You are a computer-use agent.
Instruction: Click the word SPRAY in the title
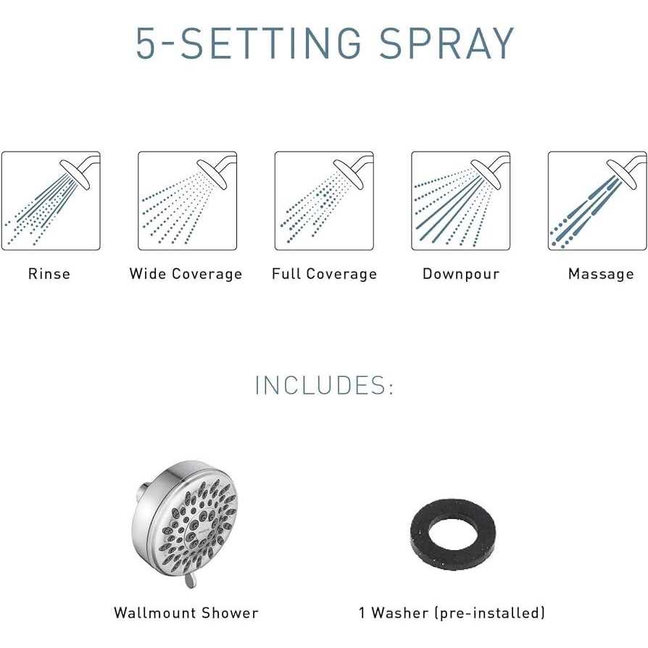click(446, 43)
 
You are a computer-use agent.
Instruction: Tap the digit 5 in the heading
click(146, 43)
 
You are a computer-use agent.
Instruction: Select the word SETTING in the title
click(271, 43)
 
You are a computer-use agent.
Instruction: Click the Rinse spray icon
click(51, 201)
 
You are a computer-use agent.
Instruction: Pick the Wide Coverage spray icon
click(187, 201)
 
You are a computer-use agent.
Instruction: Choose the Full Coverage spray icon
click(324, 201)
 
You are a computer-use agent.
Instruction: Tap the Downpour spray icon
click(461, 201)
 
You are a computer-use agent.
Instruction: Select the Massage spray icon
click(597, 201)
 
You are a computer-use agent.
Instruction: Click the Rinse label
click(49, 273)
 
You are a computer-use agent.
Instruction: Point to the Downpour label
click(461, 274)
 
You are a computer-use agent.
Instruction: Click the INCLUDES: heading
click(325, 385)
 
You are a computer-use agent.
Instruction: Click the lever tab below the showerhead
click(190, 580)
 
